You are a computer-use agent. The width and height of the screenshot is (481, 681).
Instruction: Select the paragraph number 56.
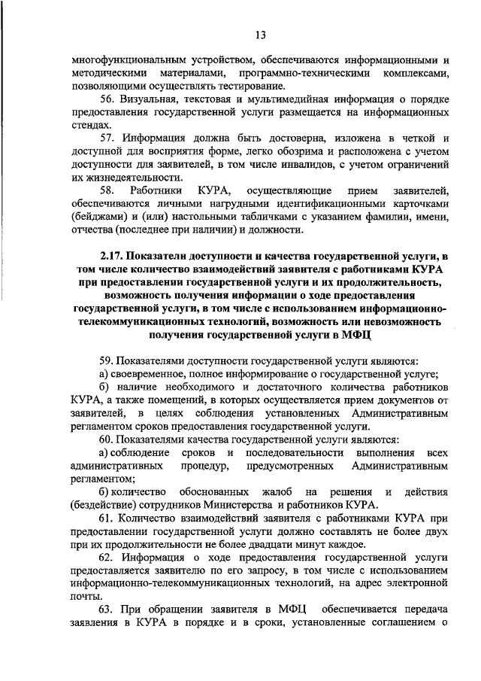(x=107, y=99)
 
